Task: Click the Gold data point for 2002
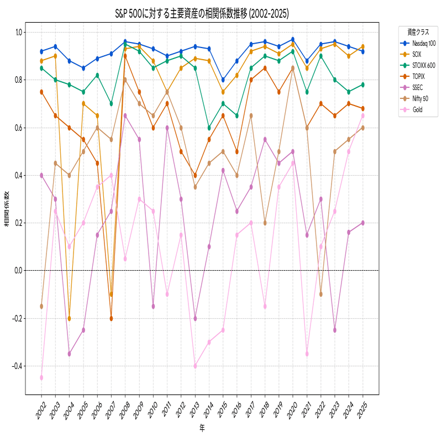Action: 41,378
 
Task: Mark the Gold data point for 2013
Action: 195,366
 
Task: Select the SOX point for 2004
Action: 69,318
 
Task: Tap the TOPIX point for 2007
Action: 111,318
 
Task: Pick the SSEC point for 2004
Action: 69,354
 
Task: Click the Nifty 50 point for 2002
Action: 41,306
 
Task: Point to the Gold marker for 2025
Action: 362,115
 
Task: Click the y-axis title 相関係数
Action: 7,209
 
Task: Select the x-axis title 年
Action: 202,427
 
